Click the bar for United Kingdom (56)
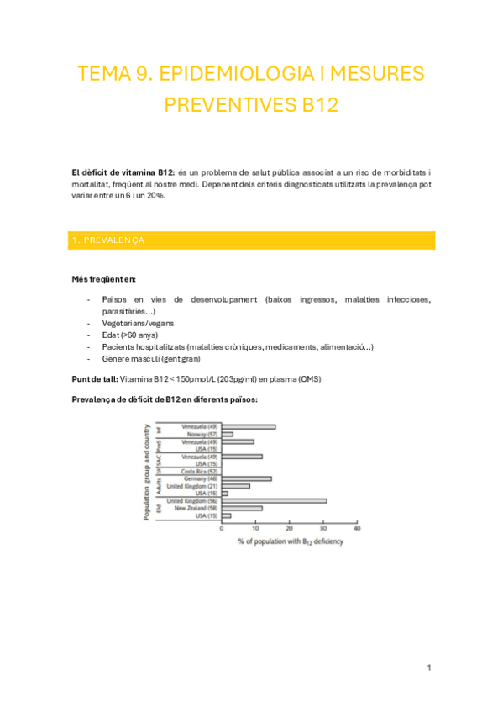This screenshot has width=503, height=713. point(274,501)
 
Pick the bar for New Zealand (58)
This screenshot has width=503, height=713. point(242,508)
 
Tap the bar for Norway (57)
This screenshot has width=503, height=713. point(227,434)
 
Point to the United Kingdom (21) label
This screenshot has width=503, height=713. point(192,486)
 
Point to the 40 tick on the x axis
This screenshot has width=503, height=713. point(357,530)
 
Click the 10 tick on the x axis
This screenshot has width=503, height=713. point(255,530)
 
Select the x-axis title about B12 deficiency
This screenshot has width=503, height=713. point(290,541)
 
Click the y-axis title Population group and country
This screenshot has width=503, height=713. point(146,471)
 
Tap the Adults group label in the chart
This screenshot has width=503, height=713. point(160,482)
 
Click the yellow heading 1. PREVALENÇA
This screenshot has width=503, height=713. point(108,240)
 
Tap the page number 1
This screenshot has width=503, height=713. point(428,668)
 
